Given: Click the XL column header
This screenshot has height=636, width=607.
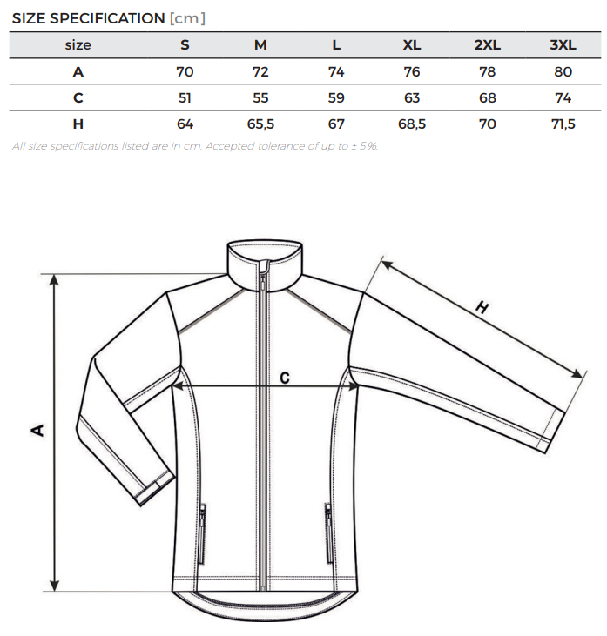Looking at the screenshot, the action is [411, 44].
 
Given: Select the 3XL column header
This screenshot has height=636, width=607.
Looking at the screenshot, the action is [563, 44].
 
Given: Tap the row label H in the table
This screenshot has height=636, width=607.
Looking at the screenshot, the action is [78, 124].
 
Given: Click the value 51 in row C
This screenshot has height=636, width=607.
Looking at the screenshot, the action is [185, 97].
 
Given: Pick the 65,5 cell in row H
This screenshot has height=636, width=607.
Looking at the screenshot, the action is [260, 124].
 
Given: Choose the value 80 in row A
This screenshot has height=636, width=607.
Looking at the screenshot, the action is [563, 72].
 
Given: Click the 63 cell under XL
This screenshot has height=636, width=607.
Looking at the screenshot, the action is [411, 97].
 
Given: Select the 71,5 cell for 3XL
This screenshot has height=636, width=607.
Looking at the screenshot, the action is [563, 124].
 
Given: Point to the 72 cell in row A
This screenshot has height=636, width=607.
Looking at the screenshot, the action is [260, 72].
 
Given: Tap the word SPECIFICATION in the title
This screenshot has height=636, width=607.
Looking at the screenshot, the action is [107, 18].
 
